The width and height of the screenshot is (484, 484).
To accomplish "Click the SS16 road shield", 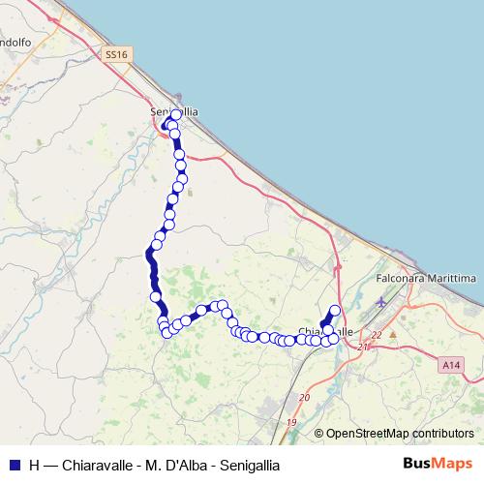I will [116, 55].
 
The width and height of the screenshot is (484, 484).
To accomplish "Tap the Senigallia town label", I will [174, 111].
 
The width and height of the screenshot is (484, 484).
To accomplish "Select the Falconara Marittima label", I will [426, 278].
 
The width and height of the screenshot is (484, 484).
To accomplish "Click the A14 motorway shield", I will [449, 365].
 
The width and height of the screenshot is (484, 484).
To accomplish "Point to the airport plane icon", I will [380, 303].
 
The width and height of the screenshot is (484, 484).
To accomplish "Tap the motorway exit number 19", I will [291, 423].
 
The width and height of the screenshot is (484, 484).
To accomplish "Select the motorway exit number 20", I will [305, 397].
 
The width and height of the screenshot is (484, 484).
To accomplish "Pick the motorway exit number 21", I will [363, 347].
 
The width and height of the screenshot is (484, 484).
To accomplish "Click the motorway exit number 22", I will [378, 334].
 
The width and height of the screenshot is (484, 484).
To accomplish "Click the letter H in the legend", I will [35, 465].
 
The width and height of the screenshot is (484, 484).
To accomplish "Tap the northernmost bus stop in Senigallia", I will [176, 115].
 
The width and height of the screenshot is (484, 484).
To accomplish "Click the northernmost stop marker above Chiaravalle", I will [336, 310].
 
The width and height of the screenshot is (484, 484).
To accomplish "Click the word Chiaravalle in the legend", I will [99, 465].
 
